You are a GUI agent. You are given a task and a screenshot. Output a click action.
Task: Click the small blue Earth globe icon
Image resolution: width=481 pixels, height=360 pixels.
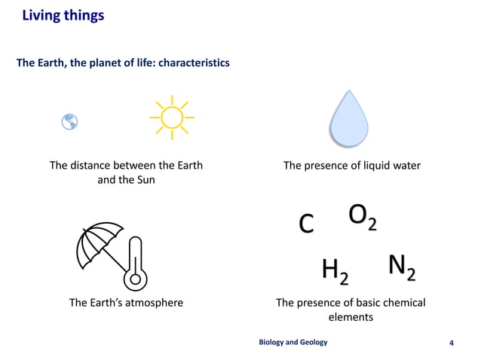70,121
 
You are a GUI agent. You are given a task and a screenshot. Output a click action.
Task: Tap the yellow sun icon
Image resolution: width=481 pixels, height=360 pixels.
172,117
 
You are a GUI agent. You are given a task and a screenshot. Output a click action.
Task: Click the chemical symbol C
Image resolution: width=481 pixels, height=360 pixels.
306,224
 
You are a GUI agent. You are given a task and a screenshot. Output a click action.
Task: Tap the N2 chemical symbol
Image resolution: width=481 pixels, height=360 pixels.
401,267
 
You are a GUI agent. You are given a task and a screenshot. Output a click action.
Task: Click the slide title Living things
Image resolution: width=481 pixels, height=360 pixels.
63,15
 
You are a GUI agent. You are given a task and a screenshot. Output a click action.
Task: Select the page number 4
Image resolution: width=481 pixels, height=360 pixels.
451,343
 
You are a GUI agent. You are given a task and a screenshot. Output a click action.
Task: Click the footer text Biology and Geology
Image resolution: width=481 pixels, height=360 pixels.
293,342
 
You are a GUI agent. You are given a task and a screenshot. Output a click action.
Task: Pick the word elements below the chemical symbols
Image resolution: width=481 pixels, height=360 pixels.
351,317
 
